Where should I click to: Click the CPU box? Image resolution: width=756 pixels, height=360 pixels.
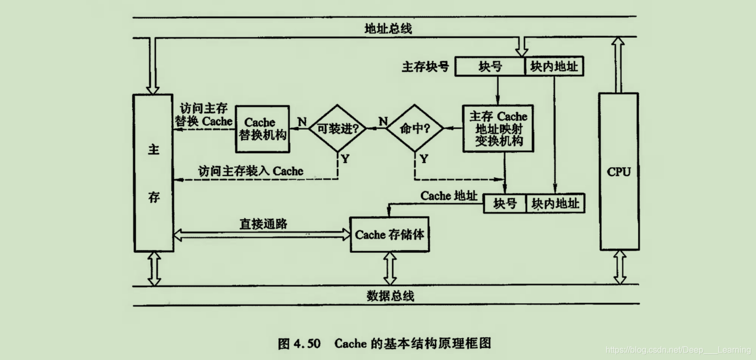[619, 172]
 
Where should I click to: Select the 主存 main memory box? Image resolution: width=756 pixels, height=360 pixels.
[154, 173]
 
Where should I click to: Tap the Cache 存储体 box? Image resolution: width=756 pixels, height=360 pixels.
[389, 234]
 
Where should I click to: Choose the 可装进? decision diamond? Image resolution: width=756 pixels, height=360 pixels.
[337, 128]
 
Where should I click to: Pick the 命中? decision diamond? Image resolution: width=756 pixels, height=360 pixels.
[414, 128]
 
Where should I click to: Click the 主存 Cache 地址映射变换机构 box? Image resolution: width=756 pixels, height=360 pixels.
[498, 128]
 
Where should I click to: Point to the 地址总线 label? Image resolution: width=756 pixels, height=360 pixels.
[388, 29]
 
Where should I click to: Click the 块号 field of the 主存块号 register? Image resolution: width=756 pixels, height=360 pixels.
[490, 67]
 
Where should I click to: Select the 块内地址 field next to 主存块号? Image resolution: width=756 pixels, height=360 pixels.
[554, 67]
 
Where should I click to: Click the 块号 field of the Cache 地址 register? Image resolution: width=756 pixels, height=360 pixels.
[505, 203]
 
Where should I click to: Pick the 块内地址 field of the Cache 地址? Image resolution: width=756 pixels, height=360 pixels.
[555, 203]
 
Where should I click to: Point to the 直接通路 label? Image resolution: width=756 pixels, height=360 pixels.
[264, 224]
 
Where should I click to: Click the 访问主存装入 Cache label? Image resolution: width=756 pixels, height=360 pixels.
[251, 171]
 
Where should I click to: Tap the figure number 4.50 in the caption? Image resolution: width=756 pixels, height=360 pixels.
[307, 344]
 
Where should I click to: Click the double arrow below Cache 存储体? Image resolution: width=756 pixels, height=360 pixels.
[390, 268]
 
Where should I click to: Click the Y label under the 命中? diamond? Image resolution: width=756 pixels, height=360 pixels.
[423, 159]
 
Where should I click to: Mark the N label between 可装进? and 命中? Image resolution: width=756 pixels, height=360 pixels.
[383, 122]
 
